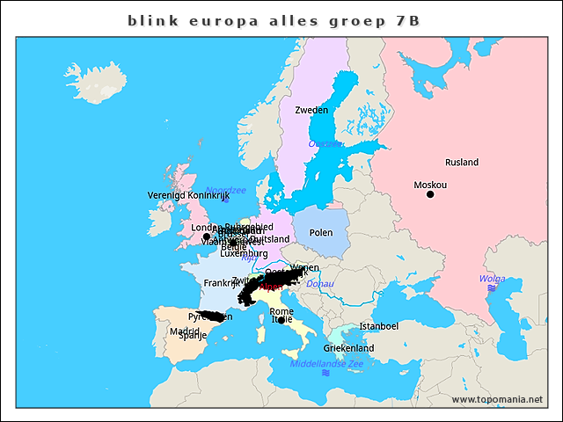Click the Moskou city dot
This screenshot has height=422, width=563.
[x=430, y=194]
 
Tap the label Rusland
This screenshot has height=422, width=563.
[x=461, y=163]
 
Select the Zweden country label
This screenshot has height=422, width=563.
[x=311, y=110]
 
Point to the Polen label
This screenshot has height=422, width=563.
[x=321, y=233]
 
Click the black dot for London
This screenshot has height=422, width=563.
[x=206, y=236]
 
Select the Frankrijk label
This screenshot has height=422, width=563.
[x=221, y=283]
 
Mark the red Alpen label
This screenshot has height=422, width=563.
[x=271, y=287]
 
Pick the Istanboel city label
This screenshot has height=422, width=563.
[x=379, y=326]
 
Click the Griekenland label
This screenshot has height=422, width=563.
[x=349, y=348]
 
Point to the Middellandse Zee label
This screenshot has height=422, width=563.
[x=326, y=363]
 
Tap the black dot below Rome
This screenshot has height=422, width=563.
[x=281, y=320]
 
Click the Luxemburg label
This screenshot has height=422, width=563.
[x=244, y=254]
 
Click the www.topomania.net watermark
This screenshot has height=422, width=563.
[x=497, y=399]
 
